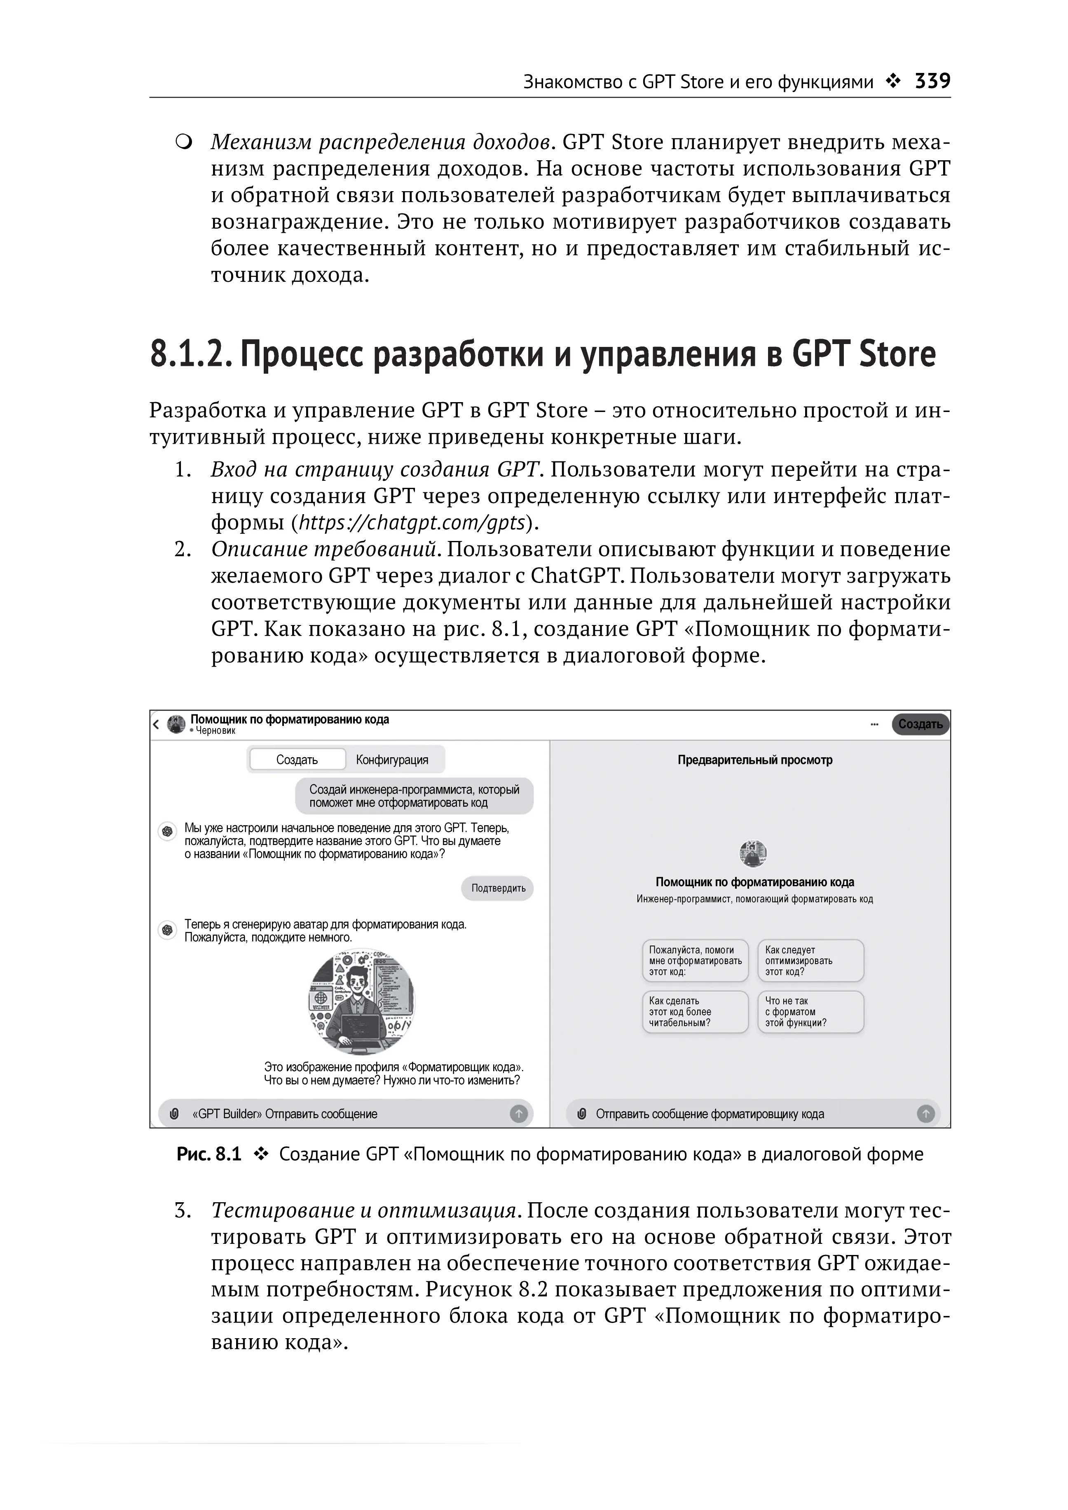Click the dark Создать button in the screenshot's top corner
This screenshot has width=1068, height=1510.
(920, 724)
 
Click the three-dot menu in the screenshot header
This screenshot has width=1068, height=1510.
(874, 724)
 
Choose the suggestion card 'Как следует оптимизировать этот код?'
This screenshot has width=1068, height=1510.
(810, 960)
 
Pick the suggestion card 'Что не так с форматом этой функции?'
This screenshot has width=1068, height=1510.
(810, 1011)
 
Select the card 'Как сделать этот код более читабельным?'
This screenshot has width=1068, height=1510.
(695, 1011)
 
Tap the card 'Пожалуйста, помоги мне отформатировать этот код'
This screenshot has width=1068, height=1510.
(695, 960)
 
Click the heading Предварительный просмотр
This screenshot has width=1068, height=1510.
(754, 760)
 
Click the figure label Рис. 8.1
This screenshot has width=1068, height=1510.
(208, 1154)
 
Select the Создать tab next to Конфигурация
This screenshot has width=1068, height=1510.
(297, 760)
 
